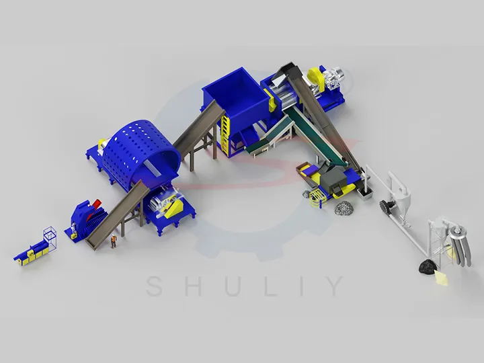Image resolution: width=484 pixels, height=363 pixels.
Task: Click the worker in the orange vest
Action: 114,241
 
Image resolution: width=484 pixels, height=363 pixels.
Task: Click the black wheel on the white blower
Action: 387,204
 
